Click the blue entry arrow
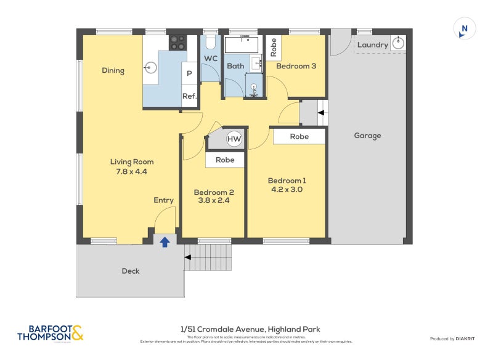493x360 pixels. (x=165, y=242)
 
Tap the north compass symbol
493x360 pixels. (x=465, y=28)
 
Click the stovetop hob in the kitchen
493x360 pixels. (x=177, y=42)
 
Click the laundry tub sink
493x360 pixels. (x=398, y=43)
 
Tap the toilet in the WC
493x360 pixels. (x=210, y=42)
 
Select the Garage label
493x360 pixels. (x=367, y=136)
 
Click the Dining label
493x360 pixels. (x=113, y=70)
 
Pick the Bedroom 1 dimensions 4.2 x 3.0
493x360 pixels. (x=287, y=190)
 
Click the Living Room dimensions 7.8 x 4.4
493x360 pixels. (x=132, y=171)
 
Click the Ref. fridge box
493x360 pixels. (x=189, y=96)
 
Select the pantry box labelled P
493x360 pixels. (x=189, y=74)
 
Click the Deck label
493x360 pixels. (x=131, y=271)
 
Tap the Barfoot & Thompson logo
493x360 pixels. (x=51, y=333)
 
